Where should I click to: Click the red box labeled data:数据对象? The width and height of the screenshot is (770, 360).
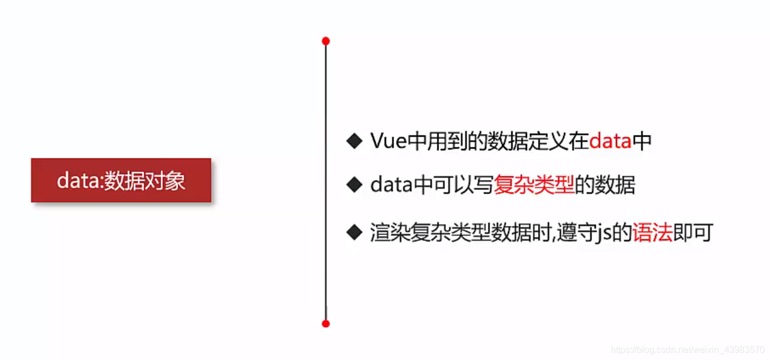coord(121,180)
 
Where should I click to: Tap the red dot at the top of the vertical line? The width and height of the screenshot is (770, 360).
coord(325,41)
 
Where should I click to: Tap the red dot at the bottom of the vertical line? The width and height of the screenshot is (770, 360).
coord(325,324)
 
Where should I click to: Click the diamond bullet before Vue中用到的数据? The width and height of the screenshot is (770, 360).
coord(354,141)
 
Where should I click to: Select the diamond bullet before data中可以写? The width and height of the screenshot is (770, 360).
coord(354,185)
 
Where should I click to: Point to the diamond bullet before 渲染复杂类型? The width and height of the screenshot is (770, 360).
coord(354,232)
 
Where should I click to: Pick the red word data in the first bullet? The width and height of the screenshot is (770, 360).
coord(610,141)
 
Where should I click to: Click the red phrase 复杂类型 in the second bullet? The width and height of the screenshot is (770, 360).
coord(534,185)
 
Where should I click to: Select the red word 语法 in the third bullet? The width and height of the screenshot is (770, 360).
coord(652,233)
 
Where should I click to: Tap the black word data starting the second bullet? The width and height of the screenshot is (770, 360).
coord(390,185)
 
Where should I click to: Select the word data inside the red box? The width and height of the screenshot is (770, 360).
coord(78,181)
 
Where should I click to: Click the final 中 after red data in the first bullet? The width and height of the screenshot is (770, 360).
coord(642,141)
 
